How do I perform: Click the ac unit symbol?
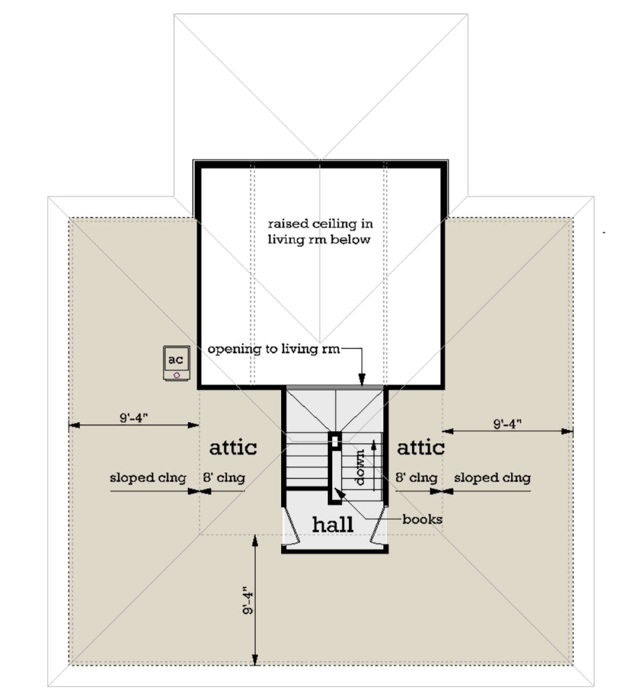(177, 363)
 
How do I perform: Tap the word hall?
(333, 524)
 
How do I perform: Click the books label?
(422, 519)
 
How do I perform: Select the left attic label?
(233, 447)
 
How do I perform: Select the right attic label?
(421, 447)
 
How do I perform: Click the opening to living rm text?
(274, 349)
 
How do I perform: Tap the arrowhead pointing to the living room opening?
(362, 380)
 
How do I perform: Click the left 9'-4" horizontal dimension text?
(134, 417)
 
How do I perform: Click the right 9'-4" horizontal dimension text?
(507, 424)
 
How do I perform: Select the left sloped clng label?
(148, 478)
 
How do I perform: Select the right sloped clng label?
(492, 478)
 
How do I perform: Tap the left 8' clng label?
(224, 478)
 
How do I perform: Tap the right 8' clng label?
(416, 478)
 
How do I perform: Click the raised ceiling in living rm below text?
(320, 232)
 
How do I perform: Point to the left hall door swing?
(292, 525)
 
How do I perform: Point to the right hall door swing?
(378, 524)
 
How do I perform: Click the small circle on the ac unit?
(177, 375)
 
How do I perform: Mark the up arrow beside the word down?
(374, 465)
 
